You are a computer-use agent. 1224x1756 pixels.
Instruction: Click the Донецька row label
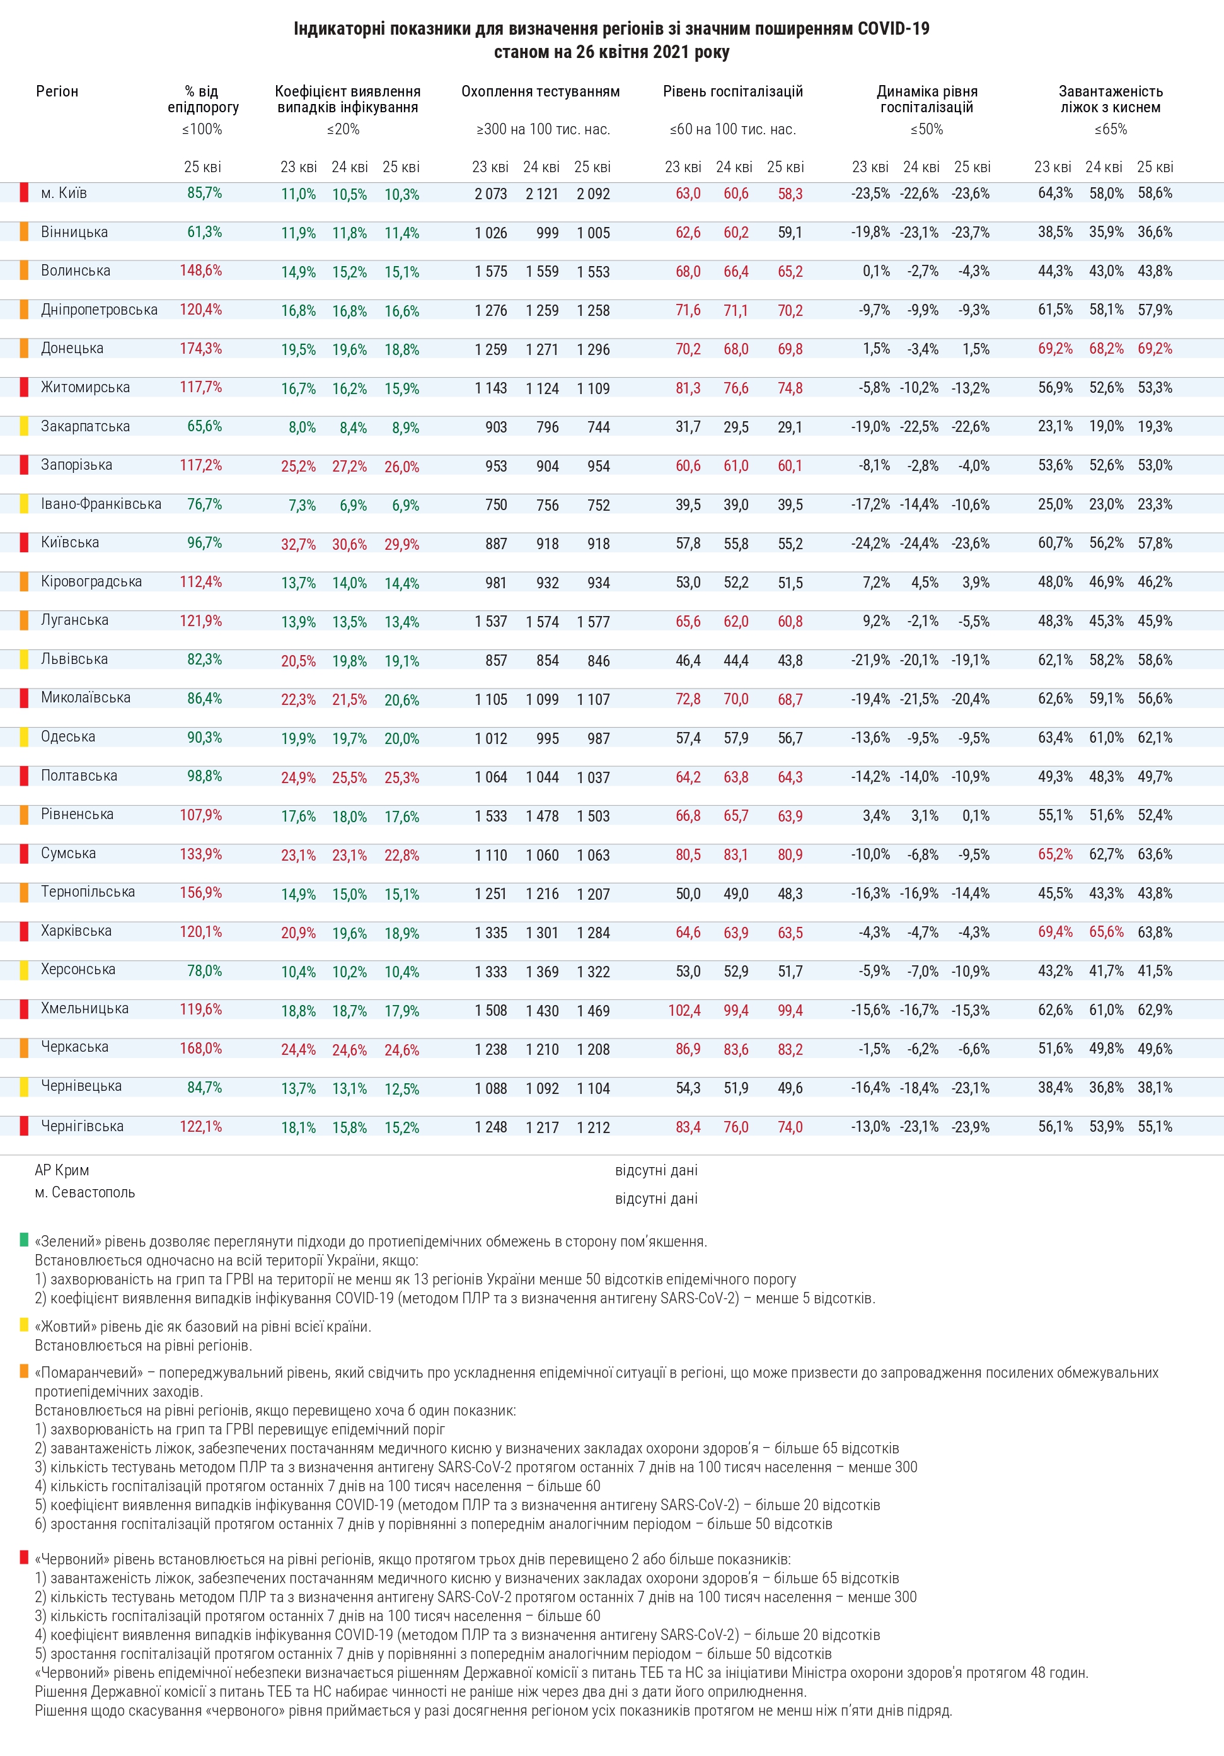[x=72, y=348]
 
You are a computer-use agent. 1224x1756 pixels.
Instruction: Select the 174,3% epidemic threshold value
[x=200, y=348]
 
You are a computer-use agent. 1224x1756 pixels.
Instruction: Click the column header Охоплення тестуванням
[x=541, y=92]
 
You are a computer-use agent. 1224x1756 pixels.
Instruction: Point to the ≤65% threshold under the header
[x=1110, y=129]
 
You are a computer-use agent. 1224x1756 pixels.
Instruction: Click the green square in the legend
[x=24, y=1240]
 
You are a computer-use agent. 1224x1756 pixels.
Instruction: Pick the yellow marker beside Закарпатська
[x=24, y=426]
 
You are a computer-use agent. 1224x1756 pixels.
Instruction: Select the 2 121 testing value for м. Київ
[x=541, y=194]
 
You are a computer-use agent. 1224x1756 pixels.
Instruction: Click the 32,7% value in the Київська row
[x=298, y=545]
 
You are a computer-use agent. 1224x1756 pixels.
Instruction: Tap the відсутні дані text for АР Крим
[x=656, y=1170]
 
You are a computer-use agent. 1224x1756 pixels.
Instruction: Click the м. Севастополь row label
[x=85, y=1192]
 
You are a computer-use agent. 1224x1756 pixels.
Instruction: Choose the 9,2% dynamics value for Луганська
[x=876, y=621]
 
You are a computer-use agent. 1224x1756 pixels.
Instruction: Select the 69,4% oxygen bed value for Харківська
[x=1055, y=931]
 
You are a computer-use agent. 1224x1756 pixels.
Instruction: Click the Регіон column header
[x=57, y=92]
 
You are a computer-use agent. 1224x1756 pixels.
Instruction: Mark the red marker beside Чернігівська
[x=24, y=1126]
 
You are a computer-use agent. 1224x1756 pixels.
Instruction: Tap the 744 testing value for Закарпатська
[x=598, y=427]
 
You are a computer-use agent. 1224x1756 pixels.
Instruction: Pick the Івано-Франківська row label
[x=101, y=504]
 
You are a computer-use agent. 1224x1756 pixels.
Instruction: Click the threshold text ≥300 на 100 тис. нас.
[x=543, y=129]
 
